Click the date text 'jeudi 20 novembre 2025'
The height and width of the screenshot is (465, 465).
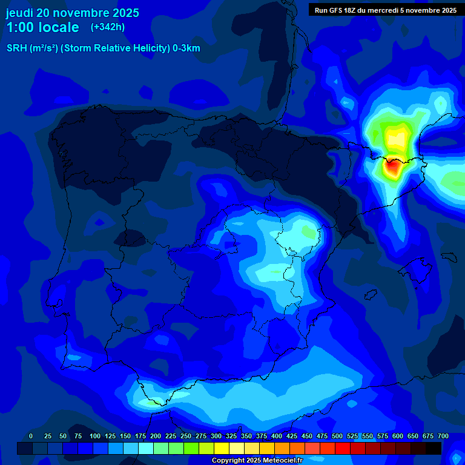coord(72,13)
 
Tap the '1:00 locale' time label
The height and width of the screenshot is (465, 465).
coord(42,27)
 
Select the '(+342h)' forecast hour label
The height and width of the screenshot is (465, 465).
coord(108,27)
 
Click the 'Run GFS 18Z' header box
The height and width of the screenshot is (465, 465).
coord(385,10)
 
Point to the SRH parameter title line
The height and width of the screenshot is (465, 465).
coord(103,48)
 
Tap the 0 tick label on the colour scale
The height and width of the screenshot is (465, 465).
coord(31,436)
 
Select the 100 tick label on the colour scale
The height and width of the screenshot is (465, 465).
coord(95,436)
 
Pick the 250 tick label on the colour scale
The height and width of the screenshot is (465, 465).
coord(186,436)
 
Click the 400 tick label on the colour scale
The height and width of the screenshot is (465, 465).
coord(277,436)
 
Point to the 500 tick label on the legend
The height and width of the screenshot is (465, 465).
coord(337,436)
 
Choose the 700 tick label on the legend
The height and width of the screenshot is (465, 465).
coord(443,436)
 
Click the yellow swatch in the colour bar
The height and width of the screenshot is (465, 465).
coord(222,448)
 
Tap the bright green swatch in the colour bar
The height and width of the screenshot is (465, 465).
coord(191,448)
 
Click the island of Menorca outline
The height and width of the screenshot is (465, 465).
coord(449,257)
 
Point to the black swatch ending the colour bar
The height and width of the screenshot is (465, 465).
coord(434,448)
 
